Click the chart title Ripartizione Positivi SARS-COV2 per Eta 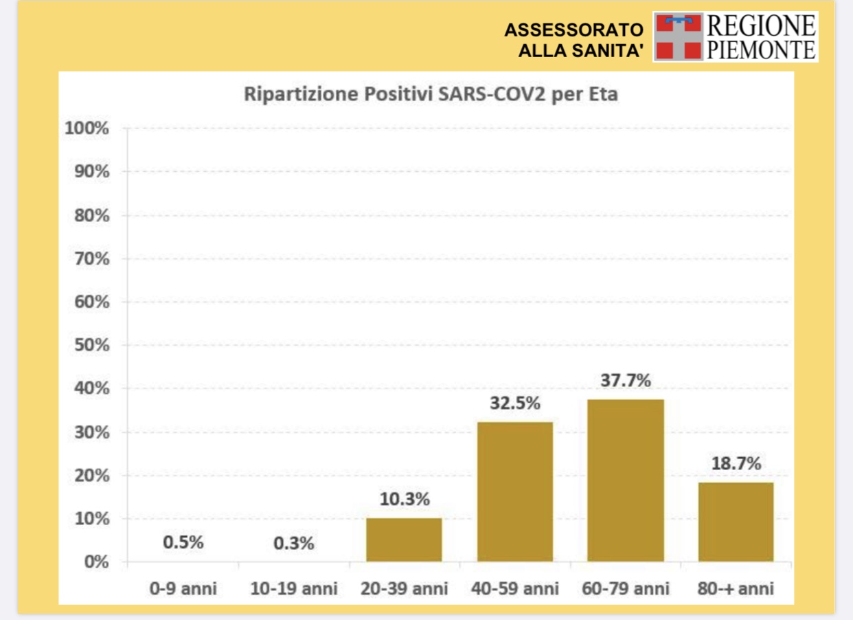point(431,94)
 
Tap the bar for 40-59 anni point(514,491)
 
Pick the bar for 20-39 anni point(404,540)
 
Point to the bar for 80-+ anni point(736,522)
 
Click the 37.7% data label point(625,380)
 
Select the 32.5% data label point(514,403)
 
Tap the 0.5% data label point(183,542)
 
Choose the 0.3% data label point(293,543)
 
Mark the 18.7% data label point(736,463)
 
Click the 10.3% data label point(404,499)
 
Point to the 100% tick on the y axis point(87,129)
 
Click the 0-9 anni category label point(183,588)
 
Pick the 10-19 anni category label point(293,588)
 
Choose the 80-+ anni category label point(736,588)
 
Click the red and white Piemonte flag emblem point(679,36)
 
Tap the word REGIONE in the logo point(761,26)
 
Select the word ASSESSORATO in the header point(574,30)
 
